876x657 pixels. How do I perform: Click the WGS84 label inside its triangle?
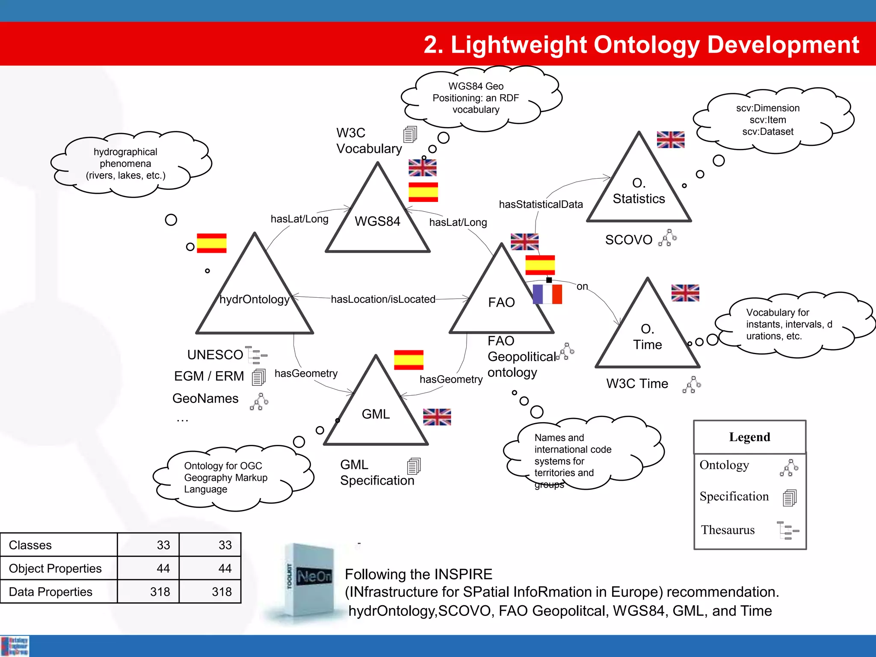point(377,221)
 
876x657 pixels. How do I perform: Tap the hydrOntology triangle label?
point(255,299)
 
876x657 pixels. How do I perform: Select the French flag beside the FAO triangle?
point(547,294)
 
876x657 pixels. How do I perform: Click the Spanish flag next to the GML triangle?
point(408,360)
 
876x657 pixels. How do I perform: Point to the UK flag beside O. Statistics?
point(670,140)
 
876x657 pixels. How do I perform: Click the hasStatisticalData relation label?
point(541,204)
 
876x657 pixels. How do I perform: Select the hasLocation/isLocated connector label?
point(383,299)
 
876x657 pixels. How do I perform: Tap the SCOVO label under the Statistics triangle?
point(628,240)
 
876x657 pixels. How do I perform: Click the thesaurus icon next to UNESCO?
point(257,355)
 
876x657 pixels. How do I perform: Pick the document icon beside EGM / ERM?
point(259,377)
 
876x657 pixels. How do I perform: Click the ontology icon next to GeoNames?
point(259,402)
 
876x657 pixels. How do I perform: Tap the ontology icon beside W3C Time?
point(692,385)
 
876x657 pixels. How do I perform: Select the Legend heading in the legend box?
point(749,437)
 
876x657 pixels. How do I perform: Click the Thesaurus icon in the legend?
point(787,530)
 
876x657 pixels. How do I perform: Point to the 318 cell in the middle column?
point(160,592)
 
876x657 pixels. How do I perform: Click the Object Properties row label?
point(55,568)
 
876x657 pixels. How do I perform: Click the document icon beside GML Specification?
point(414,466)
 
